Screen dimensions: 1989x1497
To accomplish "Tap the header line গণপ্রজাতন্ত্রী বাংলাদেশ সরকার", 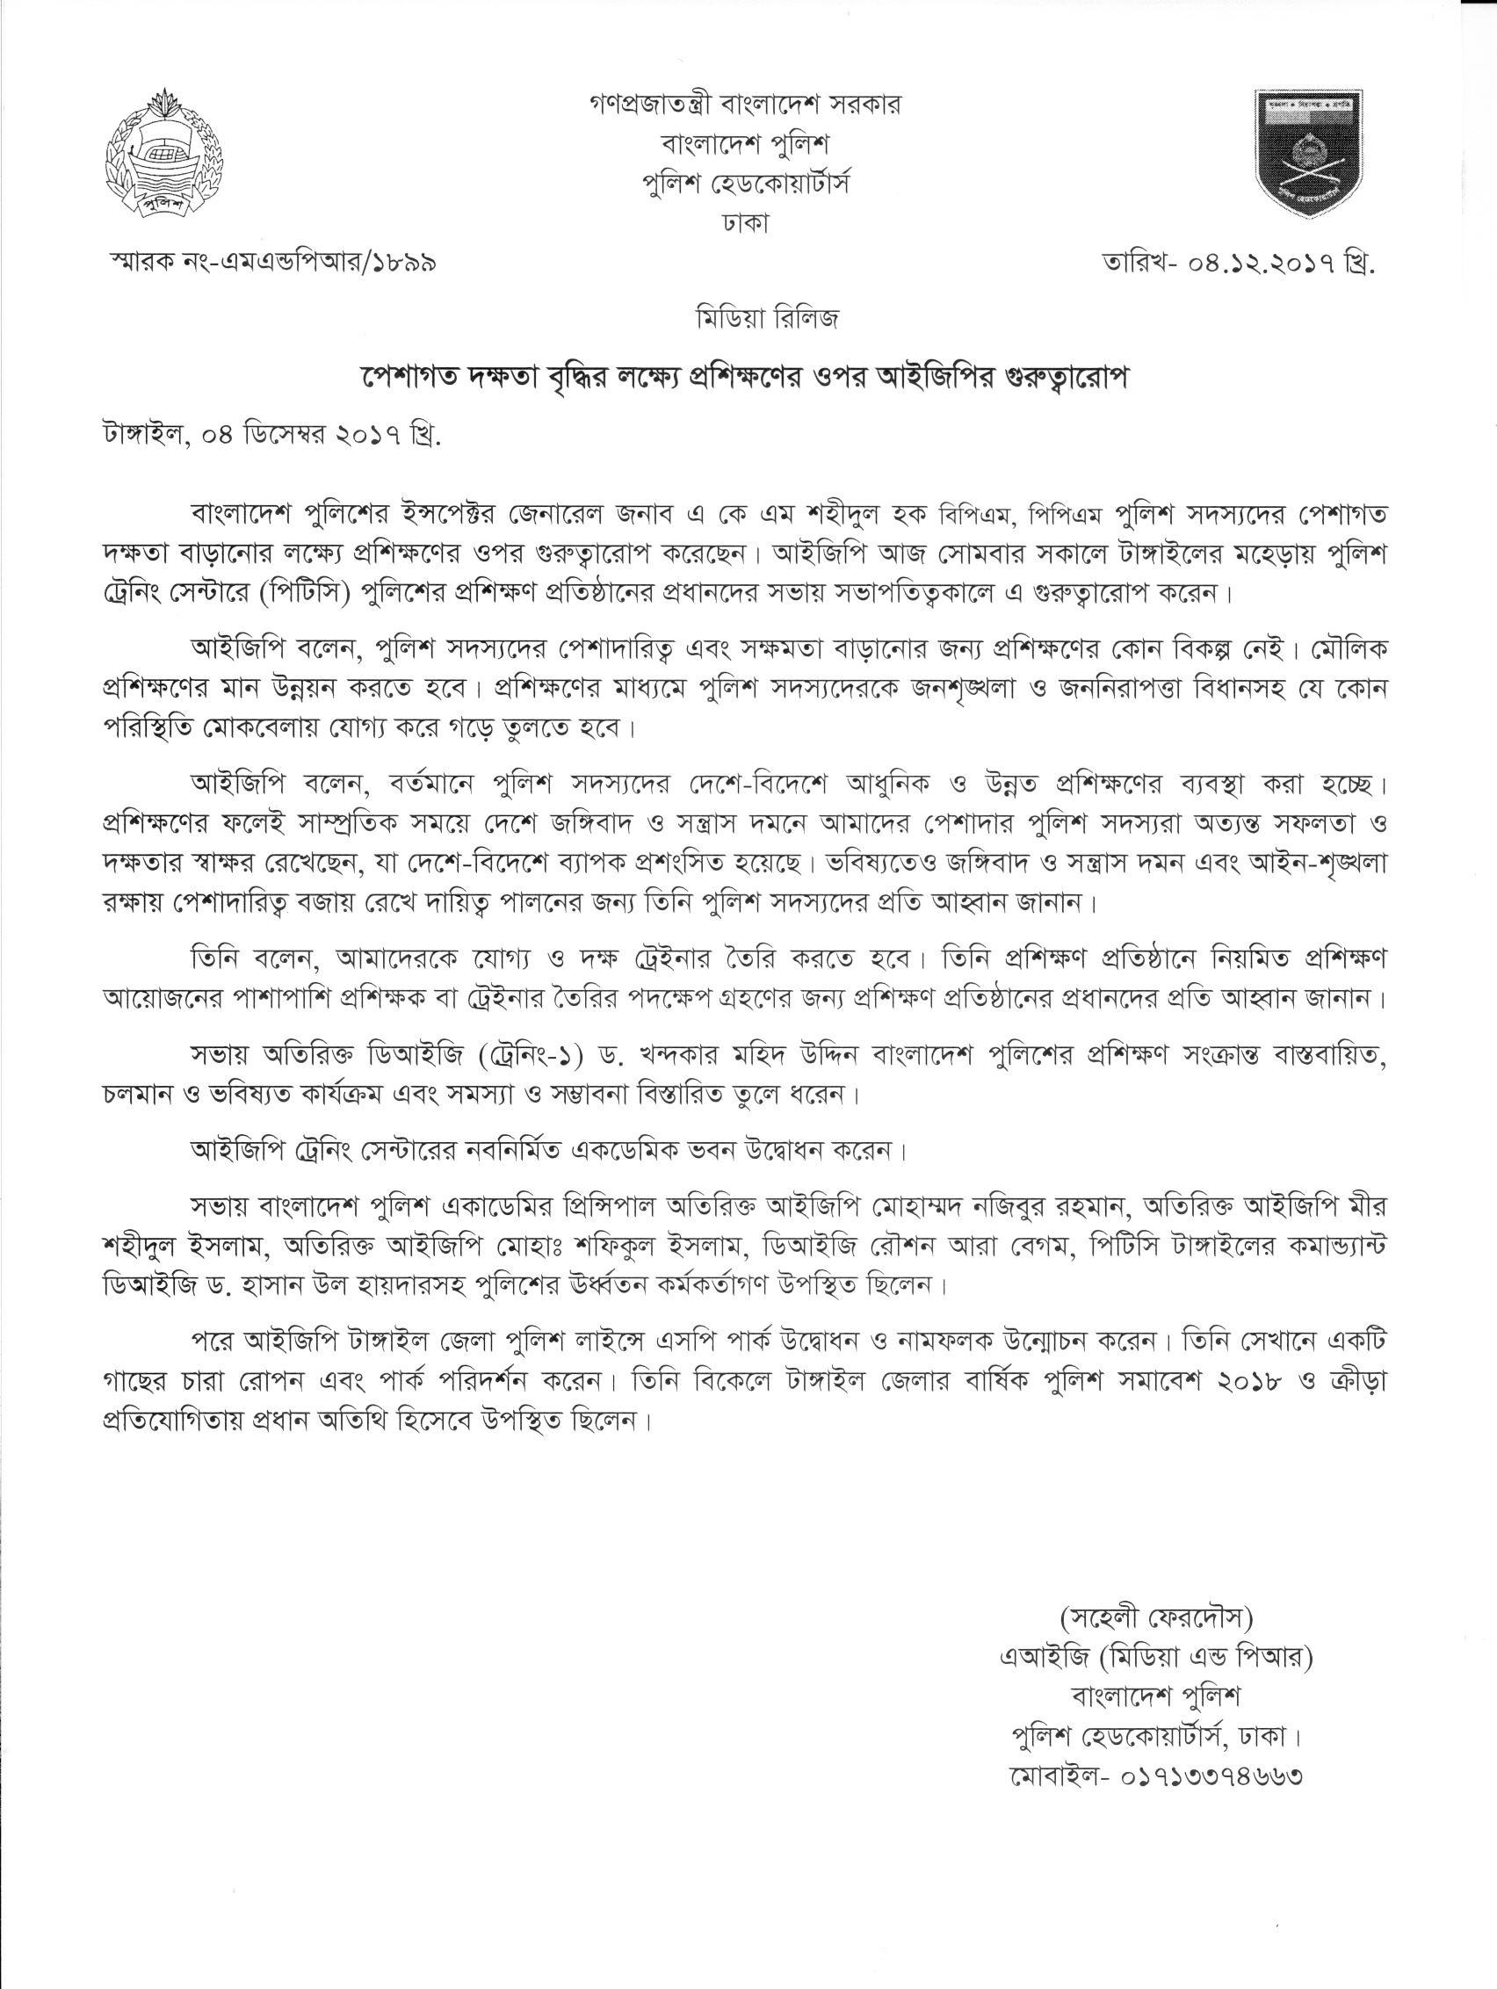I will click(x=745, y=105).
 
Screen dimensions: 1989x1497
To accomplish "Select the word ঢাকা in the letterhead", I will click(x=745, y=222).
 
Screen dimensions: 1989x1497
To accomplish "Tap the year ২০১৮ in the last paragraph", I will click(x=1250, y=1381).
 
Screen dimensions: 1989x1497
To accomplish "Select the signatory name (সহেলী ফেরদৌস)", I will click(x=1156, y=1617).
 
